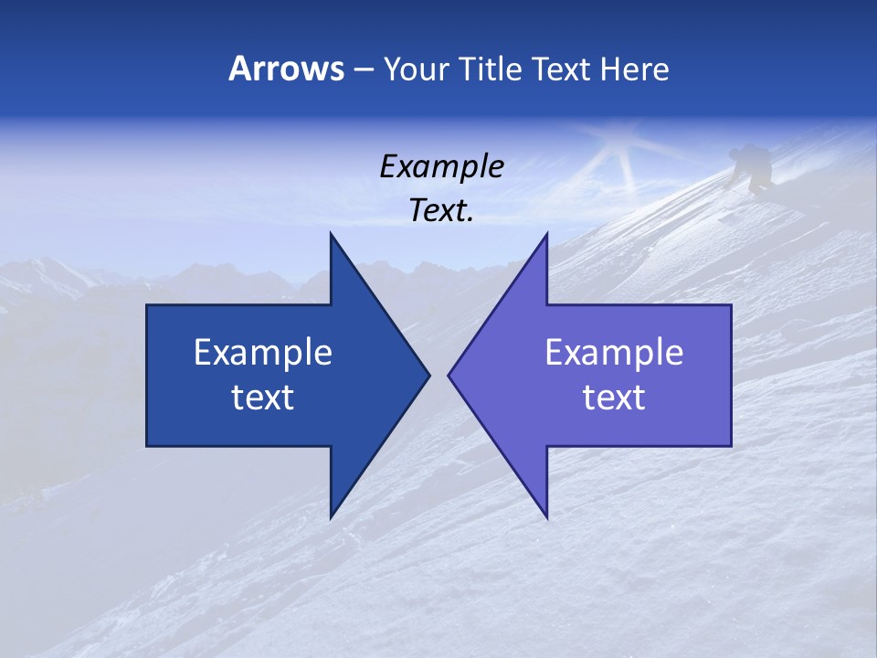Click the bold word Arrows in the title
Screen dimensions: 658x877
(286, 69)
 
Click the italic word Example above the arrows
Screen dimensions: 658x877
(441, 166)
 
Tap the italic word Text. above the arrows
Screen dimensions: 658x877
(441, 210)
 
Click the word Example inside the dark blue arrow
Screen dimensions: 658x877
(263, 352)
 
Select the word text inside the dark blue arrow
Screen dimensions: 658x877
(263, 397)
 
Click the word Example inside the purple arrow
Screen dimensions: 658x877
(614, 352)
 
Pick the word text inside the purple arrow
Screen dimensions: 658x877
(614, 397)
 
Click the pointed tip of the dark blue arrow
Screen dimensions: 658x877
(428, 375)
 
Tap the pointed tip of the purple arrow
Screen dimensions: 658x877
(449, 375)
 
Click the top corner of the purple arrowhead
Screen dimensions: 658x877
(546, 235)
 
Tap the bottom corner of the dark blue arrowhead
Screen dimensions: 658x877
(331, 516)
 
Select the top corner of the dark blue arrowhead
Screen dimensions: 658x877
(331, 235)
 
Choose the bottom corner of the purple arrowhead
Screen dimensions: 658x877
(546, 516)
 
